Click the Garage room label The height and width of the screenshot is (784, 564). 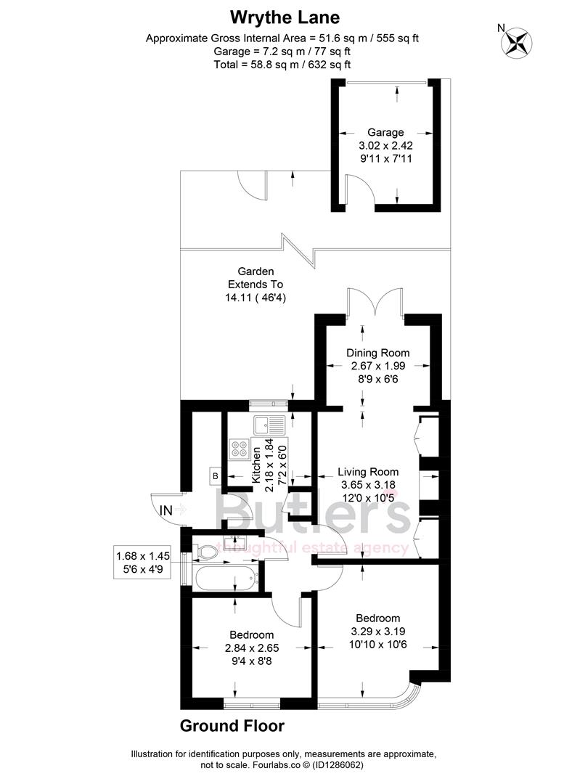pos(385,132)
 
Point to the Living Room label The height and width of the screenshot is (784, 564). pos(369,472)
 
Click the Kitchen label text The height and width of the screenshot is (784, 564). pos(256,465)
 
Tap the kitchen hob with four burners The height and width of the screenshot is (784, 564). pos(240,449)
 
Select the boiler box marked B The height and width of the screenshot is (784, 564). pos(215,476)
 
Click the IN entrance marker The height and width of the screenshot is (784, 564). pos(166,510)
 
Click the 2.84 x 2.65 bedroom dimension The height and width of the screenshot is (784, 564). pos(252,648)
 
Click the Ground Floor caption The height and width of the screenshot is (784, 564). pos(232,726)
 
